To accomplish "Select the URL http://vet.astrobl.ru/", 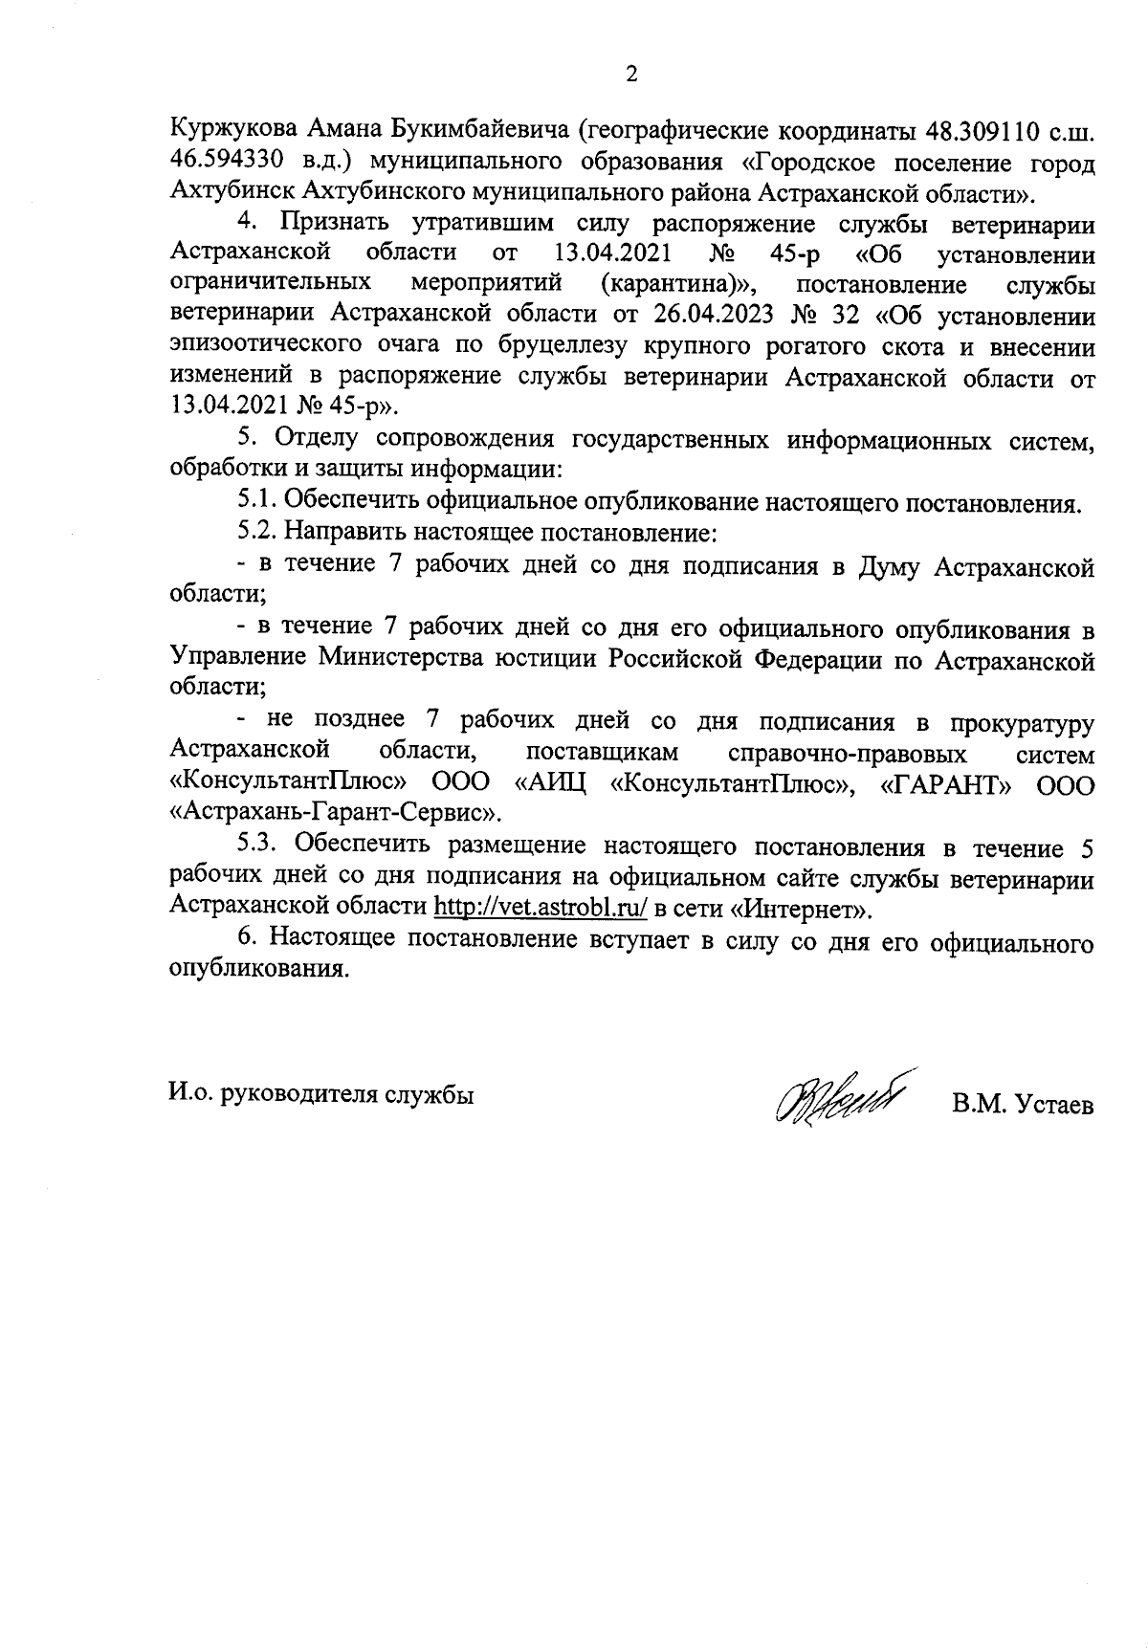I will point(541,906).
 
